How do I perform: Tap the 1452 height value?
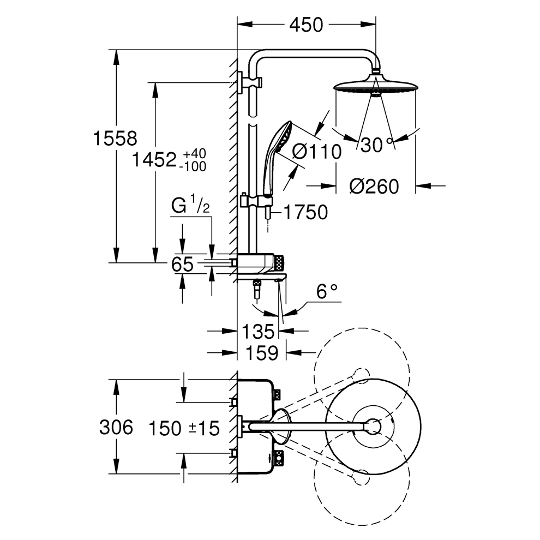pyautogui.click(x=155, y=161)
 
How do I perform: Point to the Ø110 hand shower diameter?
pyautogui.click(x=316, y=152)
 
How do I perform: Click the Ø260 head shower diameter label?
pyautogui.click(x=374, y=187)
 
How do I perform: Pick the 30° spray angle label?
pyautogui.click(x=377, y=145)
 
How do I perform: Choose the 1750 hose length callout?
pyautogui.click(x=304, y=212)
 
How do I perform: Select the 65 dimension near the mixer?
pyautogui.click(x=182, y=265)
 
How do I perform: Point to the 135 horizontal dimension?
pyautogui.click(x=258, y=331)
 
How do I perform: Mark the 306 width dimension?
pyautogui.click(x=116, y=427)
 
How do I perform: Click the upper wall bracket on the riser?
pyautogui.click(x=249, y=82)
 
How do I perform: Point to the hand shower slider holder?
pyautogui.click(x=256, y=200)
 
